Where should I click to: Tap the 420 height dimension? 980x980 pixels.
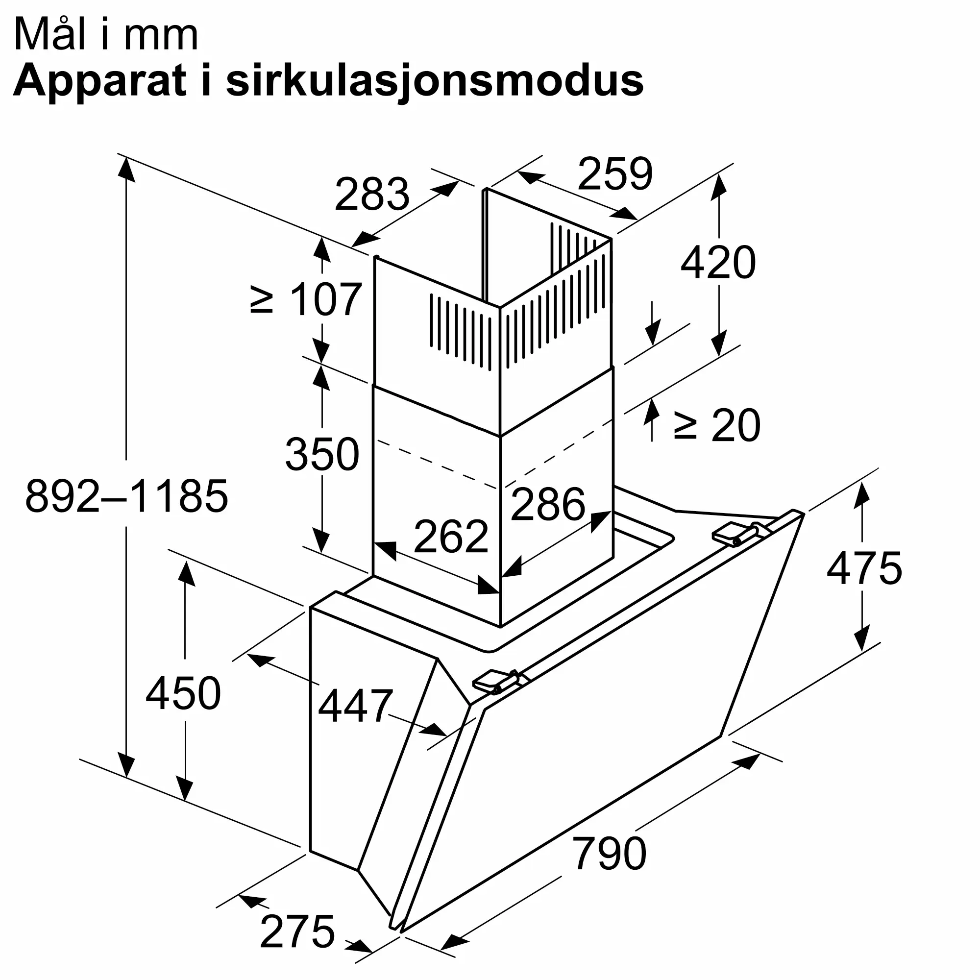[x=718, y=262]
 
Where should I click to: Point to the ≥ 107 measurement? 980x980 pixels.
[x=306, y=300]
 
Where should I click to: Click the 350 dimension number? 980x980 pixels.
[x=322, y=454]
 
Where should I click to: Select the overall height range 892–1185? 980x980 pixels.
[x=127, y=496]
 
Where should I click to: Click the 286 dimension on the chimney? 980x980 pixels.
[x=548, y=504]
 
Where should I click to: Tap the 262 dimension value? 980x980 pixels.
[x=451, y=537]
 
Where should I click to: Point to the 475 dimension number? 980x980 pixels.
[x=864, y=568]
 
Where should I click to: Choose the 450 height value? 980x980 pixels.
[x=183, y=693]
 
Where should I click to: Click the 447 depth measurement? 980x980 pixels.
[x=355, y=706]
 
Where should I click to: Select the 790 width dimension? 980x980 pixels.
[x=609, y=854]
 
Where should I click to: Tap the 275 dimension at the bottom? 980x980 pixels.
[x=297, y=931]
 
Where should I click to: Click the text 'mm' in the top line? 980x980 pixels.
[x=161, y=35]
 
